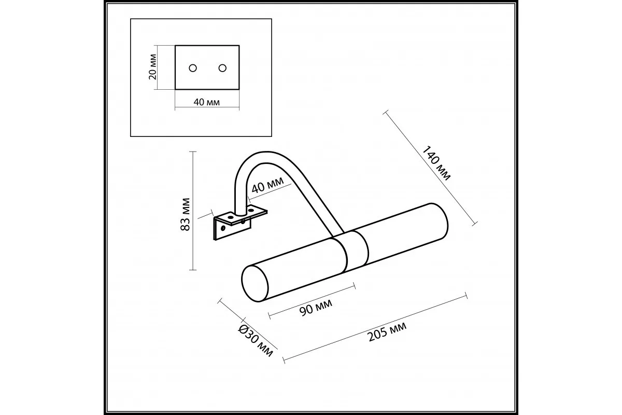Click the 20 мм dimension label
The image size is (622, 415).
tap(153, 67)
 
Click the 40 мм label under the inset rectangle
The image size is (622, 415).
tap(207, 102)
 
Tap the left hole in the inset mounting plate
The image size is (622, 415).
tap(193, 68)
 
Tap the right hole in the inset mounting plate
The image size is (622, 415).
tap(222, 68)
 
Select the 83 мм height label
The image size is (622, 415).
tap(185, 214)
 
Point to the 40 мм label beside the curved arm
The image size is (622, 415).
tap(267, 185)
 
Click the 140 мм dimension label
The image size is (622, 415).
tap(436, 163)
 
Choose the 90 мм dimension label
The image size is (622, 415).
tap(316, 308)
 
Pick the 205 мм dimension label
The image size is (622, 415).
tap(387, 331)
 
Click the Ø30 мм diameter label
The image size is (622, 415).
tap(256, 341)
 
